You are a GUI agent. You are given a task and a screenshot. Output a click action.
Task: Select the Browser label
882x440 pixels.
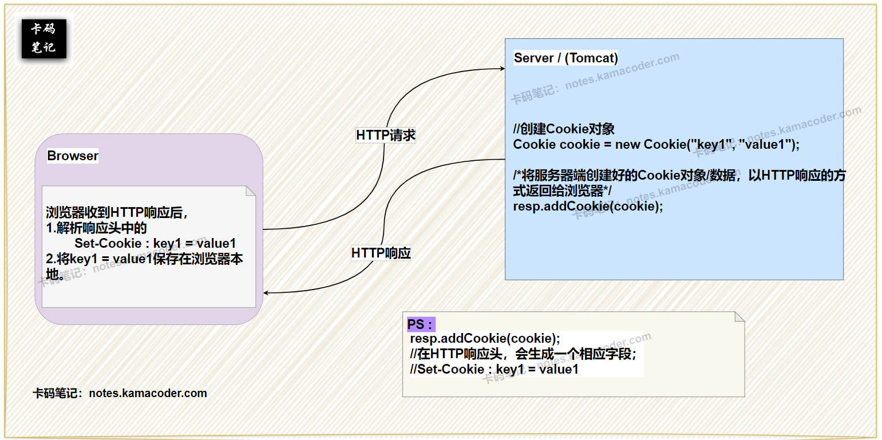(x=73, y=156)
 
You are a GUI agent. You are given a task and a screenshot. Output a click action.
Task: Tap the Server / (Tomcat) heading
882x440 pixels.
(x=565, y=58)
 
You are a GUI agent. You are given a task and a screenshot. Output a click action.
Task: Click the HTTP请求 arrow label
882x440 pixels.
(x=386, y=135)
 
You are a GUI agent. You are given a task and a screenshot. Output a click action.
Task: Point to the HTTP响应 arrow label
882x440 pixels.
(x=381, y=253)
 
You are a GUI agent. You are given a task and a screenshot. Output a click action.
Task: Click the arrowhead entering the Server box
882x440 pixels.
(x=502, y=69)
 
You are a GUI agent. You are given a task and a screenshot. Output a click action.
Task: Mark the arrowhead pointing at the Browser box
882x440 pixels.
(x=267, y=293)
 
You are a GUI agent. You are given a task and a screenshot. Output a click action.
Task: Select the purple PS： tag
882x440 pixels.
(x=420, y=324)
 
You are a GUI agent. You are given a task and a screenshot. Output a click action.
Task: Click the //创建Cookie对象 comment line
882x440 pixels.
(x=564, y=129)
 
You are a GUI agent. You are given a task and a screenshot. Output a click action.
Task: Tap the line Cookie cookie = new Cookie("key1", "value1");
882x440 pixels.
(x=656, y=144)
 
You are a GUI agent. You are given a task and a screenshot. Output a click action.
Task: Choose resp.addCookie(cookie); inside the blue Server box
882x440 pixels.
(x=588, y=206)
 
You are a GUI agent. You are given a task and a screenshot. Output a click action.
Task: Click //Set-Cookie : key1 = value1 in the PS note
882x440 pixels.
(x=494, y=369)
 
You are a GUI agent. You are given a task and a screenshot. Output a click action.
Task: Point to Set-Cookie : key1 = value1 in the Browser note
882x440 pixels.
(x=155, y=243)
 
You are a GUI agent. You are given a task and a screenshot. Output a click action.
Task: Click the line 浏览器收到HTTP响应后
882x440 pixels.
(x=117, y=213)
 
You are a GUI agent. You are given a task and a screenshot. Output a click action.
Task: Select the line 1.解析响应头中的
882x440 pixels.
(x=96, y=228)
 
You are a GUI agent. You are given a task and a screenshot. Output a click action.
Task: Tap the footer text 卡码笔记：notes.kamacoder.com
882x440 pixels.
(x=120, y=393)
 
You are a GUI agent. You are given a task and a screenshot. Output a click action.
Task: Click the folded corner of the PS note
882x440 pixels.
(x=739, y=316)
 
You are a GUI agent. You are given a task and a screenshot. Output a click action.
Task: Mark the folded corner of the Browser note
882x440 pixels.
(x=251, y=191)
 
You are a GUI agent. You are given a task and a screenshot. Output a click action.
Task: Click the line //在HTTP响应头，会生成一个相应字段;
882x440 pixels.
(x=523, y=354)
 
